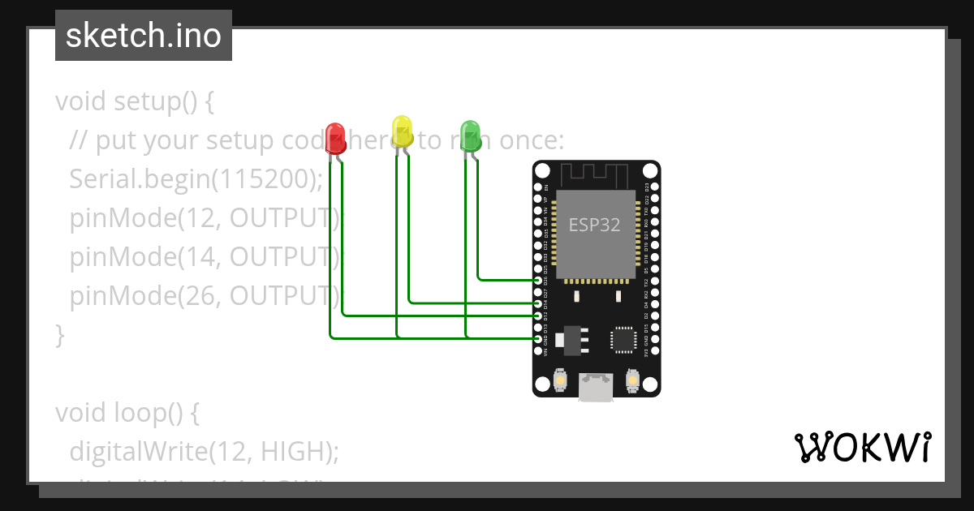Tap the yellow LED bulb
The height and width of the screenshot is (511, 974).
[x=403, y=130]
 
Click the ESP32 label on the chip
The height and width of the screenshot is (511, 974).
[x=594, y=225]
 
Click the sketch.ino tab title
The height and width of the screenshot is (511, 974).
[x=144, y=36]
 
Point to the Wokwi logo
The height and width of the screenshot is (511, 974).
[x=863, y=447]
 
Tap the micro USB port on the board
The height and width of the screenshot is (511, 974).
[x=597, y=387]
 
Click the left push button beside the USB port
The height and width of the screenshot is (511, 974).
[x=559, y=379]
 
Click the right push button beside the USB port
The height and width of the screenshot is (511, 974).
[x=634, y=379]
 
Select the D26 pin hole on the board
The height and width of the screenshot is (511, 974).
[x=538, y=280]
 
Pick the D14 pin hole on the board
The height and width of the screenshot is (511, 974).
[x=538, y=303]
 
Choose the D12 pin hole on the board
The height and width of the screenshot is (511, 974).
[x=538, y=315]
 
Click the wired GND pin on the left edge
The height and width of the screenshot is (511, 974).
[x=538, y=338]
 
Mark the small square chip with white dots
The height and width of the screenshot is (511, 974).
[x=623, y=339]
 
